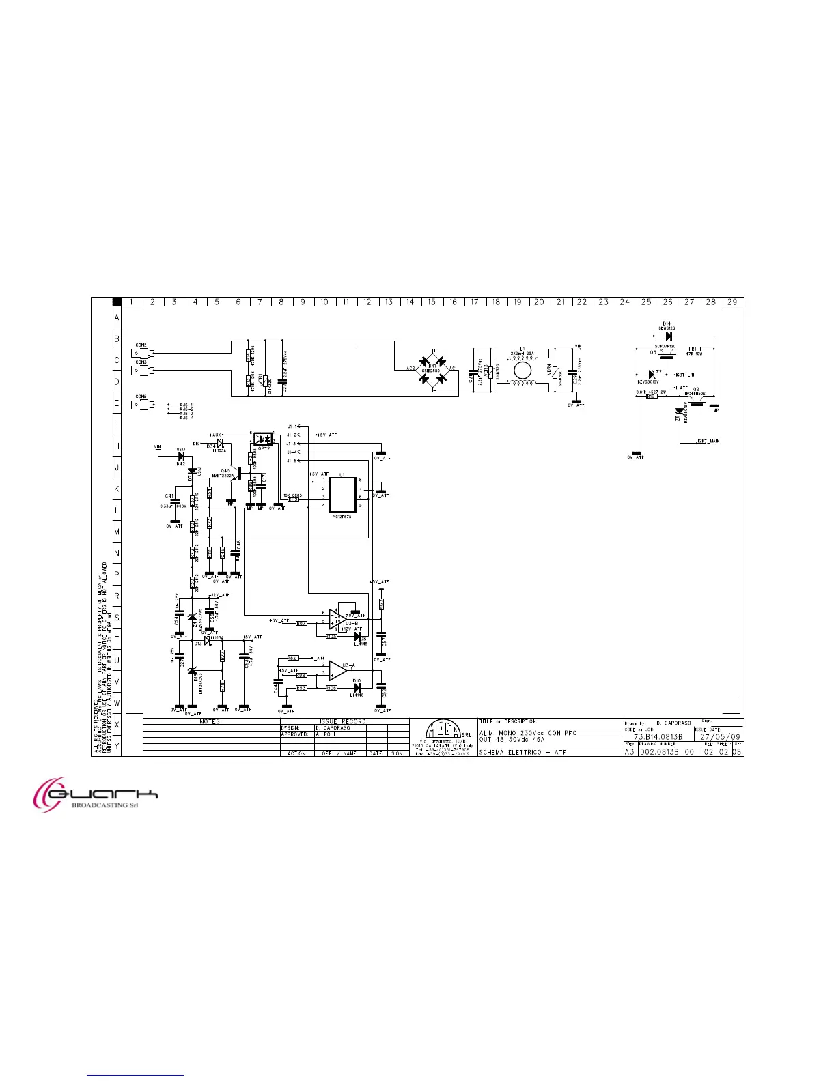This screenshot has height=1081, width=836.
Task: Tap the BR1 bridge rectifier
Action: click(x=432, y=369)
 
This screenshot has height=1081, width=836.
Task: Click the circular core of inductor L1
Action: click(x=522, y=369)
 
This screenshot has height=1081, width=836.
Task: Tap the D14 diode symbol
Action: click(x=668, y=336)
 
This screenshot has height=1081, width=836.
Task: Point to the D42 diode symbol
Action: click(x=181, y=457)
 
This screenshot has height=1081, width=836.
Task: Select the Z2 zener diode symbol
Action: click(x=650, y=374)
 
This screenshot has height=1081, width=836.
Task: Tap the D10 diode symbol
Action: click(x=357, y=688)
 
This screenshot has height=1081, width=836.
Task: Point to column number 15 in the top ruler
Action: click(x=432, y=302)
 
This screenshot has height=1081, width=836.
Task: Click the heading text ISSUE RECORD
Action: click(x=344, y=721)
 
